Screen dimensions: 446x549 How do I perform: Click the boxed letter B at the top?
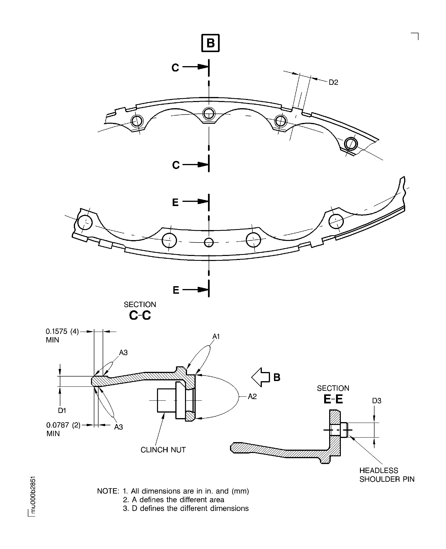click(x=210, y=43)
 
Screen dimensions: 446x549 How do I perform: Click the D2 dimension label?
click(x=333, y=82)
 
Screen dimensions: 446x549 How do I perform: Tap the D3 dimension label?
click(x=377, y=401)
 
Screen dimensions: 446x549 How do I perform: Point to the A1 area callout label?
click(x=216, y=336)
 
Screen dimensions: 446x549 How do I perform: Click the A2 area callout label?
click(x=252, y=396)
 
